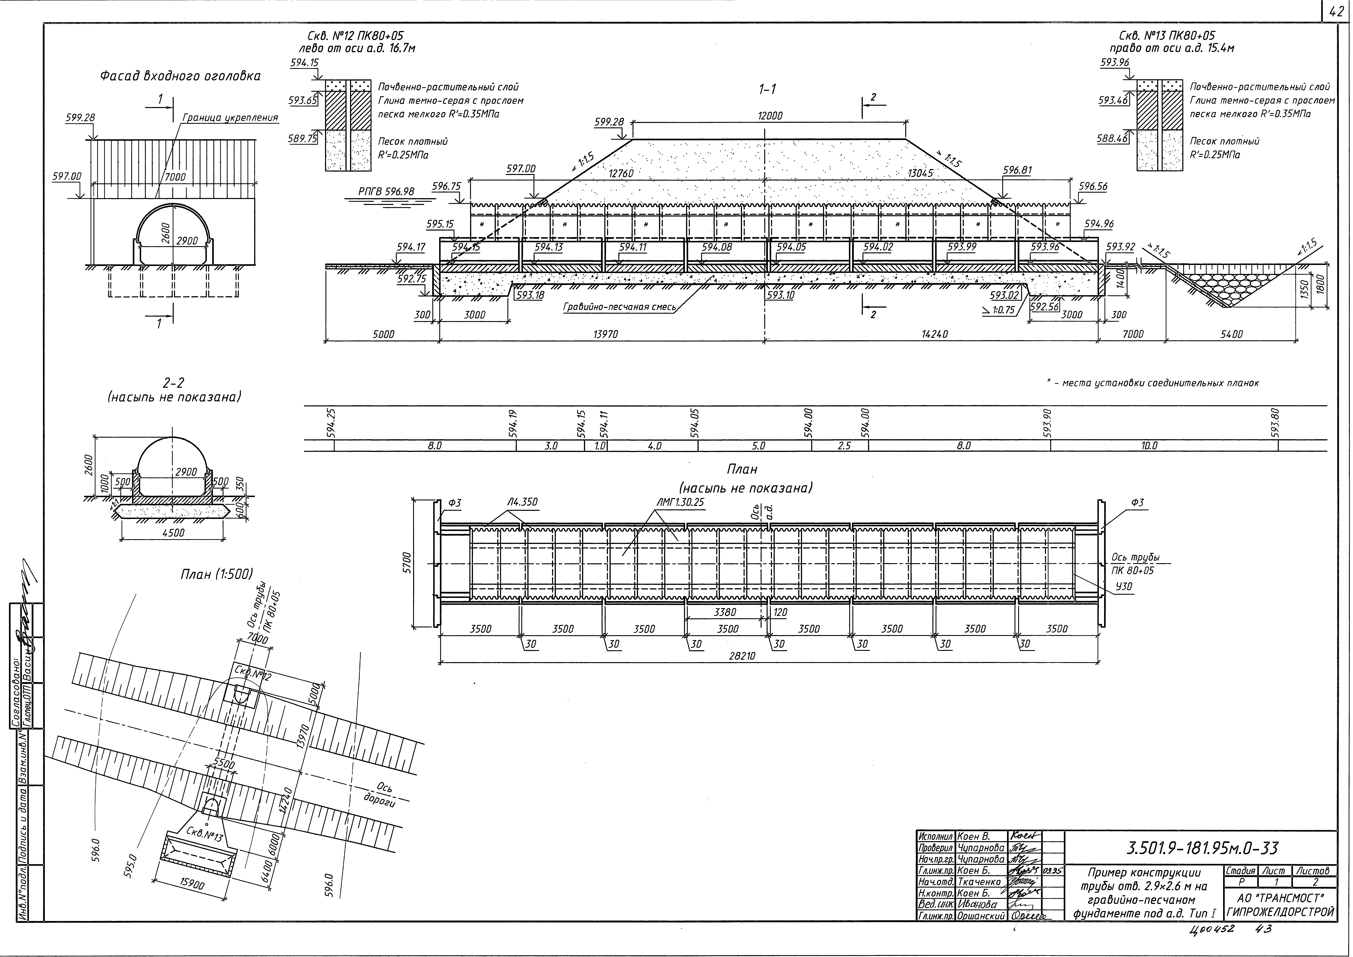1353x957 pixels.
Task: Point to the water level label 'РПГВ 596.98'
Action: (x=386, y=191)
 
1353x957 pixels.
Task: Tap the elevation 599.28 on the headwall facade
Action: (x=80, y=118)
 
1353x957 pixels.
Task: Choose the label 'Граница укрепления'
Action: (x=230, y=118)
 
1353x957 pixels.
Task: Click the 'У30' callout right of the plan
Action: (x=1124, y=586)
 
